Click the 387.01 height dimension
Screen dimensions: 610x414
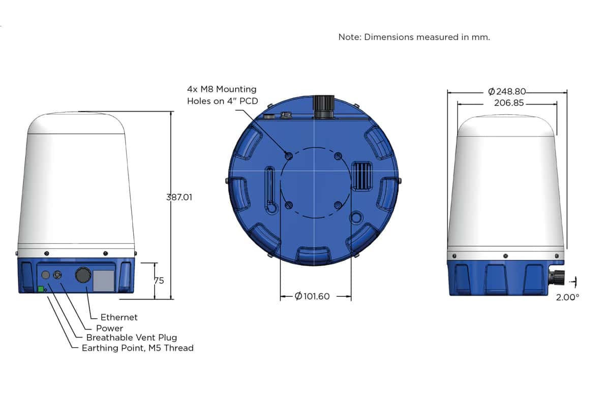(179, 197)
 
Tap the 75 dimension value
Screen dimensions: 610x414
(159, 280)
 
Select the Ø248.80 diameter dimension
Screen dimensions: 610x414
(507, 91)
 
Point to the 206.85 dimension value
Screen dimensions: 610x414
(509, 103)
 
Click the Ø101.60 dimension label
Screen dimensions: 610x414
(312, 296)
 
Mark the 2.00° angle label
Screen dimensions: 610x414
(567, 298)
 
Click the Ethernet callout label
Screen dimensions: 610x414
(119, 317)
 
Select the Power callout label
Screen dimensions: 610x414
(109, 328)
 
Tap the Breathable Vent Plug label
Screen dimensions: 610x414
(132, 337)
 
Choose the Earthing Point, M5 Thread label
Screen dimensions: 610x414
(138, 348)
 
